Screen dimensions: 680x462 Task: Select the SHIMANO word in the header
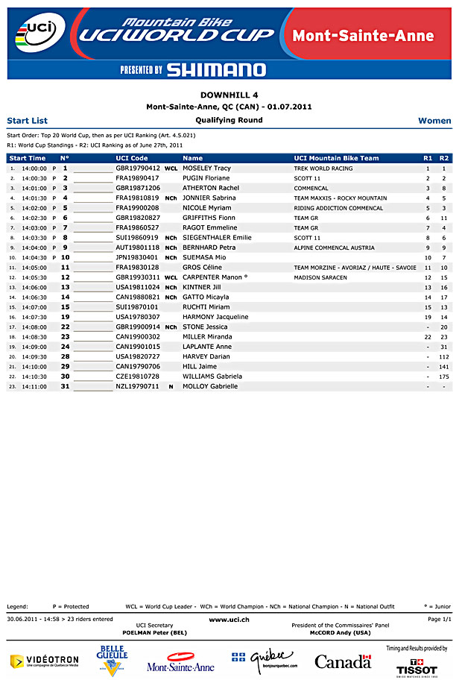(215, 70)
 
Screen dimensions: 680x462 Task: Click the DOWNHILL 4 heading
(230, 95)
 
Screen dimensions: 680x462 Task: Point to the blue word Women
(434, 120)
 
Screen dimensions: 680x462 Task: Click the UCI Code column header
(132, 158)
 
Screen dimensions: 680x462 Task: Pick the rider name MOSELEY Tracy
(206, 169)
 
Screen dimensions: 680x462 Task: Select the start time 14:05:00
(34, 267)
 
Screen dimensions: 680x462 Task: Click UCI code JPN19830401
(137, 257)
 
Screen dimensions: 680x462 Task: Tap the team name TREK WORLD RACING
(323, 169)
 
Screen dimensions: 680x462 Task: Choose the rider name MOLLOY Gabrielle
(210, 386)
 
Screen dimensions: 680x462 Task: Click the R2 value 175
(443, 377)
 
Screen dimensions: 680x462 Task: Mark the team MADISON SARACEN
(320, 277)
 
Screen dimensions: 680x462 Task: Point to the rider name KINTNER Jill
(201, 287)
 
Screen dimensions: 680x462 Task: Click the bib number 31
(65, 386)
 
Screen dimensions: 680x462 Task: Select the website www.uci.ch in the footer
(229, 620)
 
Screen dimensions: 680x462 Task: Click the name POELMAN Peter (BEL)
(155, 632)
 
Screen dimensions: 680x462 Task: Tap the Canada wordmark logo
(343, 661)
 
